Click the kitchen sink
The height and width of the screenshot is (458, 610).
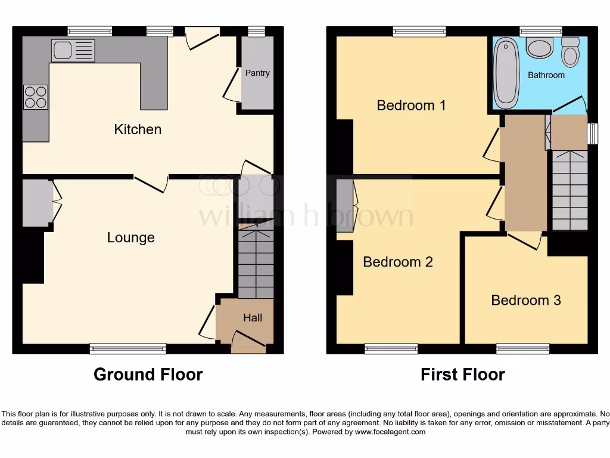tap(73, 50)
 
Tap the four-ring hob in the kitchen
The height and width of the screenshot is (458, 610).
tap(36, 97)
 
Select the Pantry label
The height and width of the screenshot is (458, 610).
tap(257, 73)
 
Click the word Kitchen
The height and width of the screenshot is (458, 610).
tap(138, 129)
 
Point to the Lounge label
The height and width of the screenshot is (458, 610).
tap(130, 238)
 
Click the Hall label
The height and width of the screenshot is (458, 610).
tap(253, 318)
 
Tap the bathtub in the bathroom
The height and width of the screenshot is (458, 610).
tap(506, 73)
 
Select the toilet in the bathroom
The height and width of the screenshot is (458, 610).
tap(570, 53)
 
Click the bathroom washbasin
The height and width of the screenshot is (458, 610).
tap(540, 48)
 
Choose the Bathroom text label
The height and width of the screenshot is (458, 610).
tap(546, 75)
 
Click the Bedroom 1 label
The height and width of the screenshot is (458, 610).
tap(411, 106)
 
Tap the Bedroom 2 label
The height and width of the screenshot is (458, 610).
tap(397, 262)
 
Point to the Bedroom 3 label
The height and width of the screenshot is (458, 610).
tap(526, 300)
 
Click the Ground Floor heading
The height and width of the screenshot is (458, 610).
tap(148, 375)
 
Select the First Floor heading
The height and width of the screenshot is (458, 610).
tap(462, 375)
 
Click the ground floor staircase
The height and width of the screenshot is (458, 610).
tap(256, 260)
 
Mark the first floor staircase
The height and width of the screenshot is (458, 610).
tap(570, 190)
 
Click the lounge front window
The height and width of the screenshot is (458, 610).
tap(128, 349)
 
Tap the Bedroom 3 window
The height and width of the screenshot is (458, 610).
tap(522, 349)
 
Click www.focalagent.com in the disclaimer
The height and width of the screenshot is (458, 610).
tap(390, 432)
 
